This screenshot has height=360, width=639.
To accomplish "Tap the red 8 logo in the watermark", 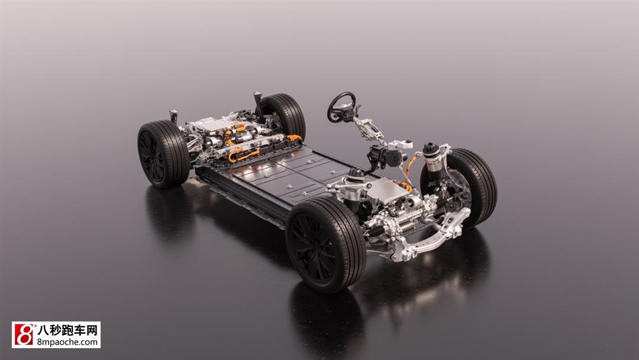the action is (x=24, y=335).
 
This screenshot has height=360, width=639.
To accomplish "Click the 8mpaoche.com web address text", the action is (x=67, y=342).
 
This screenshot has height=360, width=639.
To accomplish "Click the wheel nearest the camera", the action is (x=325, y=244).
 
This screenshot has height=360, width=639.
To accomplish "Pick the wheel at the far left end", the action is (x=163, y=153).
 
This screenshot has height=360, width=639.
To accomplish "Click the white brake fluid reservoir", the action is (x=400, y=144).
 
